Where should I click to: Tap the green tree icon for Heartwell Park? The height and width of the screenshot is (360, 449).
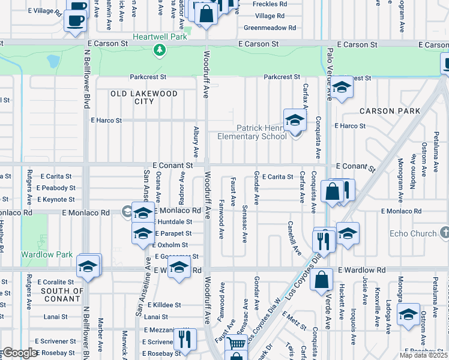(159, 50)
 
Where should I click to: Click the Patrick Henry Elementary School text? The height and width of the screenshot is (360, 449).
(261, 132)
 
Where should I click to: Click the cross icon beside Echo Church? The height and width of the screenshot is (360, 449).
(444, 232)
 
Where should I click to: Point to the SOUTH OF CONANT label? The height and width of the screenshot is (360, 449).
(62, 295)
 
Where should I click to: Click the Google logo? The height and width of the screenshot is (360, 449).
(20, 353)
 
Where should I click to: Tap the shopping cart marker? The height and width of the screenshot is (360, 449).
(237, 344)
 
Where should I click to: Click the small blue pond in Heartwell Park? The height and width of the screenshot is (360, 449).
(53, 61)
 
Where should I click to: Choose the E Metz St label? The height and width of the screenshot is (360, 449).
(295, 319)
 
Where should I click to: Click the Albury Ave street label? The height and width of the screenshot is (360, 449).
(196, 142)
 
